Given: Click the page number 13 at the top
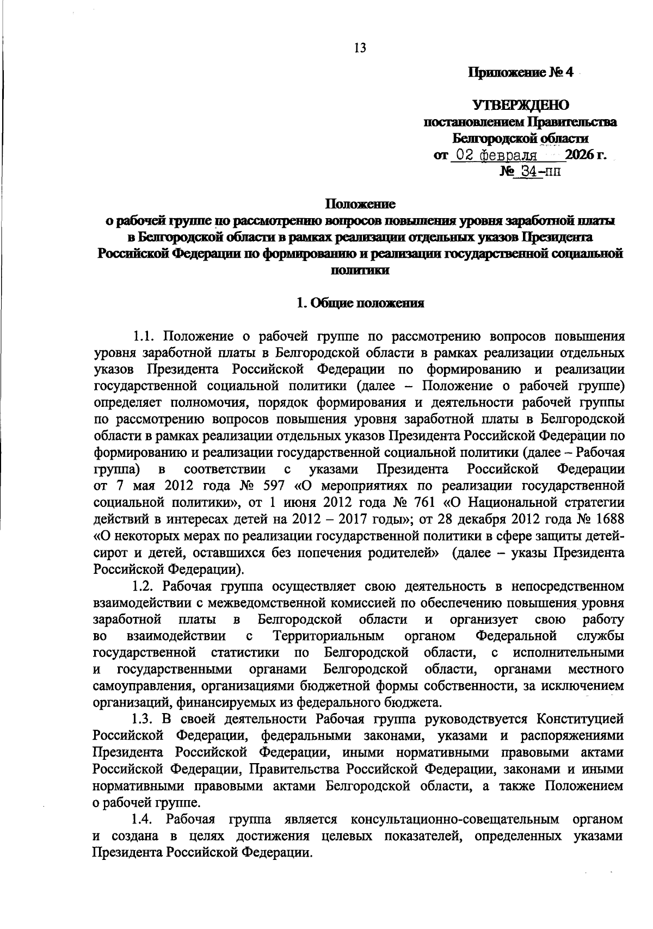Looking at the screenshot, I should click(x=360, y=48).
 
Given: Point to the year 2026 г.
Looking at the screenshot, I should click(x=586, y=156).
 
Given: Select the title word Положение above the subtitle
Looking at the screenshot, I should click(x=360, y=205).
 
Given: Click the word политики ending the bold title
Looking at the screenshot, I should click(x=360, y=270).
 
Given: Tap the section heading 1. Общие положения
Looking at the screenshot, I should click(x=360, y=304).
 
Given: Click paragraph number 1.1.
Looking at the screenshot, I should click(x=144, y=336).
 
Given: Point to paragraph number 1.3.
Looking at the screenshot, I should click(x=144, y=720).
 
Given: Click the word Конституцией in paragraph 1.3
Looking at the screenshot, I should click(x=580, y=720).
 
